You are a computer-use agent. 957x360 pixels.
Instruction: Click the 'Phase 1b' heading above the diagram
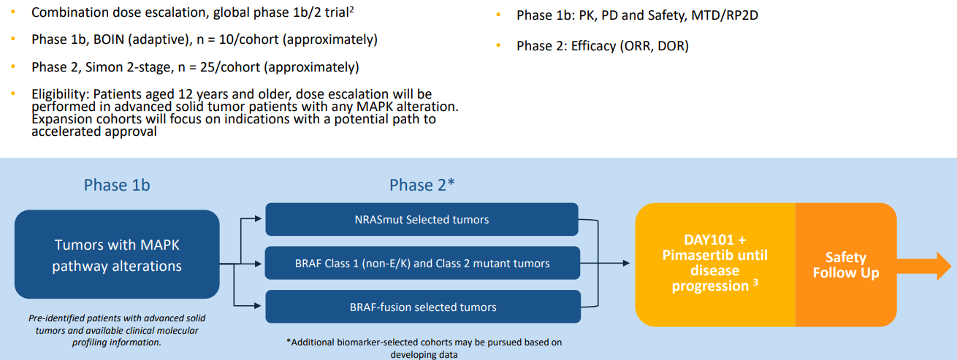pos(117,185)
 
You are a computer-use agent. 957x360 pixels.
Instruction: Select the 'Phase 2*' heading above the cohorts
pos(422,185)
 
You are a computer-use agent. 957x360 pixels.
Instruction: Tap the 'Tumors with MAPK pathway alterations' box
pos(117,255)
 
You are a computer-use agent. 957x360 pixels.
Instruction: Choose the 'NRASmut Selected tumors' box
pos(422,219)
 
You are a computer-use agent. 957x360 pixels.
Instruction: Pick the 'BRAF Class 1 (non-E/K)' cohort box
pos(422,263)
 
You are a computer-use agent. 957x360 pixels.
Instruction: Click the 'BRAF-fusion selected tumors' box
pos(422,307)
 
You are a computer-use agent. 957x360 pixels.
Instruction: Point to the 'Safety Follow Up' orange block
pos(845,265)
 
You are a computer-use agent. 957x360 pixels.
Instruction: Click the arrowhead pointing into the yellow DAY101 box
pos(625,263)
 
